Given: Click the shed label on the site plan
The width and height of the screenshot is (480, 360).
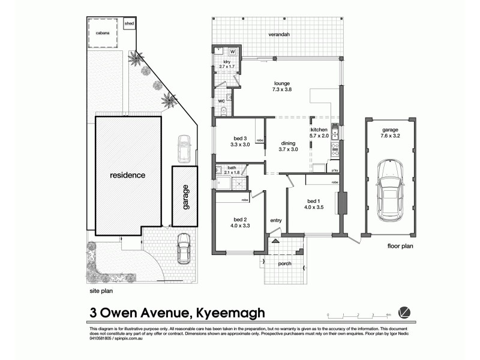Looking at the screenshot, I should (129, 24).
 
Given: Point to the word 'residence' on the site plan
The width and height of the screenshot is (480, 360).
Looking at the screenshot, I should (127, 176).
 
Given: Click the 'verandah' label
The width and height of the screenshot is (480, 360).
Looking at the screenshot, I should (279, 35).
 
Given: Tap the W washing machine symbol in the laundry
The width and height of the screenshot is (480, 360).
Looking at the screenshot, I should (233, 52).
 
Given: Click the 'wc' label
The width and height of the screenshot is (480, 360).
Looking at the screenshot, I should (221, 101).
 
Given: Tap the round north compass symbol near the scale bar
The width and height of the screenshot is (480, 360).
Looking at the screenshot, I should (406, 312).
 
